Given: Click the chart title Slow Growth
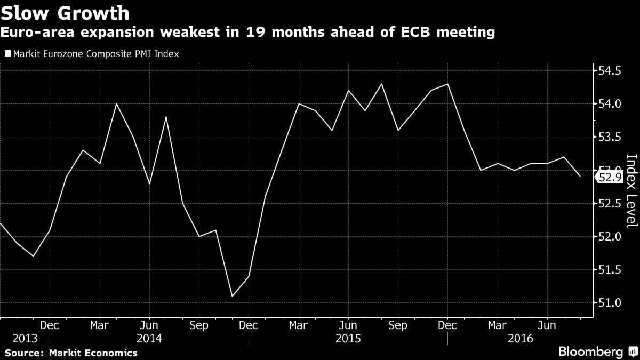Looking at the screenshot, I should coord(65,12).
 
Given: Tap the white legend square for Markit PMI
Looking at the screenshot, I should coord(7,53).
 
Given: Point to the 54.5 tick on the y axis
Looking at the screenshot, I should coord(610,71).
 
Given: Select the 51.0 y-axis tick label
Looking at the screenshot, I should coord(610,303).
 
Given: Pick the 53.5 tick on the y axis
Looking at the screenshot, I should coord(610,137).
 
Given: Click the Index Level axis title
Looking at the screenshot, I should coord(631,198).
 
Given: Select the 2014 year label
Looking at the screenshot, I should coord(149,338).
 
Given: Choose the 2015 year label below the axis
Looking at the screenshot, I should coord(348,338).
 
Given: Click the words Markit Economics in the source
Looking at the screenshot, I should coord(93,353).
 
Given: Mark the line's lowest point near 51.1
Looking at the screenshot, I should coord(232,296).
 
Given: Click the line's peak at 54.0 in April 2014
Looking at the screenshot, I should coord(116,103).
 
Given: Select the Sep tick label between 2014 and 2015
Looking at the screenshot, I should coord(199,324).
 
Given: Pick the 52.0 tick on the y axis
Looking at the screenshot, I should coord(610,236).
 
